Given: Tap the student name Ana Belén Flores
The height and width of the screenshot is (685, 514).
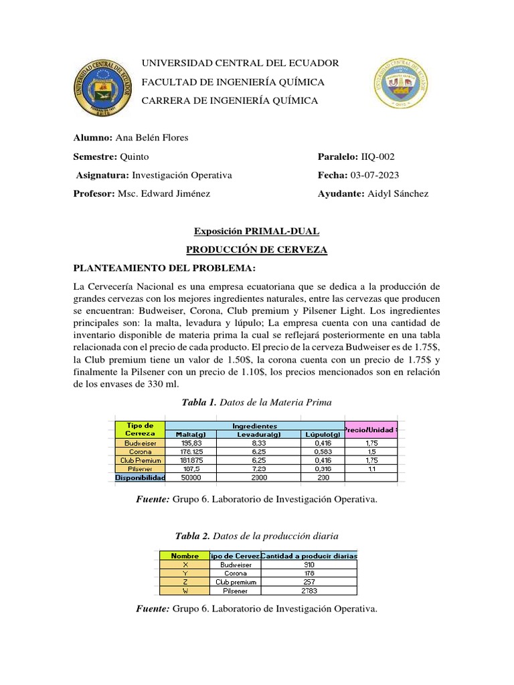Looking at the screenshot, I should pyautogui.click(x=152, y=138).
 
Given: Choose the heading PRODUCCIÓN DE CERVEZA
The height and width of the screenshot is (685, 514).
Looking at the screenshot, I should pyautogui.click(x=256, y=250).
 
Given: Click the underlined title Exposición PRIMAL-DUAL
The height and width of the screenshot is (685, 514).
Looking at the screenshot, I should pyautogui.click(x=256, y=231).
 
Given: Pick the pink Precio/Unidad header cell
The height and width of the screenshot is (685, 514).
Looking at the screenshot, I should pyautogui.click(x=370, y=429).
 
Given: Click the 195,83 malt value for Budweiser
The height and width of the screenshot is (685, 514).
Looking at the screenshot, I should pyautogui.click(x=189, y=443).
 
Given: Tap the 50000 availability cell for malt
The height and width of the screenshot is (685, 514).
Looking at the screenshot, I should pyautogui.click(x=189, y=478).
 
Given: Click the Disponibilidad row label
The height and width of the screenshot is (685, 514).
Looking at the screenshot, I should pyautogui.click(x=139, y=478).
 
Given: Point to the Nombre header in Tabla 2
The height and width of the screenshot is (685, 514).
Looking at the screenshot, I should pyautogui.click(x=185, y=555).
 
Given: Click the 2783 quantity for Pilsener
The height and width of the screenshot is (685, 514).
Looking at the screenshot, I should pyautogui.click(x=309, y=591).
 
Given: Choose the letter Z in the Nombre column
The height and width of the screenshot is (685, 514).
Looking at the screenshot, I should pyautogui.click(x=185, y=582).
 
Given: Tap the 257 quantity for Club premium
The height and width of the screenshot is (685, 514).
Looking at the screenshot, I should pyautogui.click(x=309, y=582).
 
